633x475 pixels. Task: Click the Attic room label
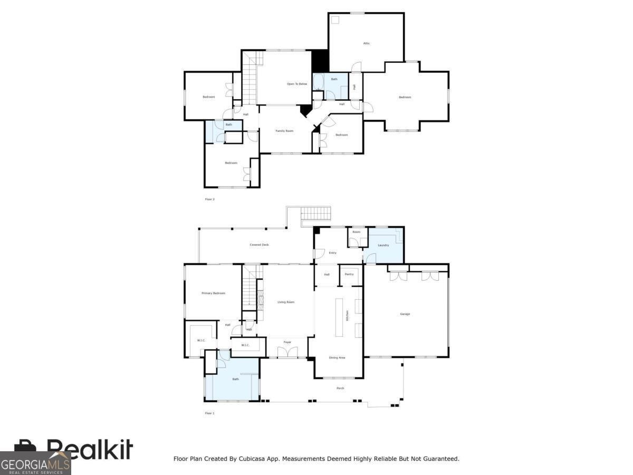pyautogui.click(x=366, y=43)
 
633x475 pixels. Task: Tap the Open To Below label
pyautogui.click(x=297, y=84)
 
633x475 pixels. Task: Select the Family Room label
pyautogui.click(x=284, y=131)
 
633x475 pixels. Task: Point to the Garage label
pyautogui.click(x=405, y=314)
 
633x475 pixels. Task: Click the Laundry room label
pyautogui.click(x=383, y=245)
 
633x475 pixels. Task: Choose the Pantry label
pyautogui.click(x=349, y=274)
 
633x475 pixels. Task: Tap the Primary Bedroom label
pyautogui.click(x=214, y=293)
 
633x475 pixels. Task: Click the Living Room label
pyautogui.click(x=286, y=302)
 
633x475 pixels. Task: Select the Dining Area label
pyautogui.click(x=337, y=358)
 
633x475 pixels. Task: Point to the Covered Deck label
pyautogui.click(x=259, y=245)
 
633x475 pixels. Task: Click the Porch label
pyautogui.click(x=340, y=388)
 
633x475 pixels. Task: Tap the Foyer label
pyautogui.click(x=287, y=343)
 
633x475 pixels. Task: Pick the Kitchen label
pyautogui.click(x=347, y=316)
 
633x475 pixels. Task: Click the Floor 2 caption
pyautogui.click(x=209, y=199)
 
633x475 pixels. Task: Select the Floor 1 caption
pyautogui.click(x=209, y=413)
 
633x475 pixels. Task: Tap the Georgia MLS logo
pyautogui.click(x=35, y=463)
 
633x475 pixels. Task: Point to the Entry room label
pyautogui.click(x=332, y=253)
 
